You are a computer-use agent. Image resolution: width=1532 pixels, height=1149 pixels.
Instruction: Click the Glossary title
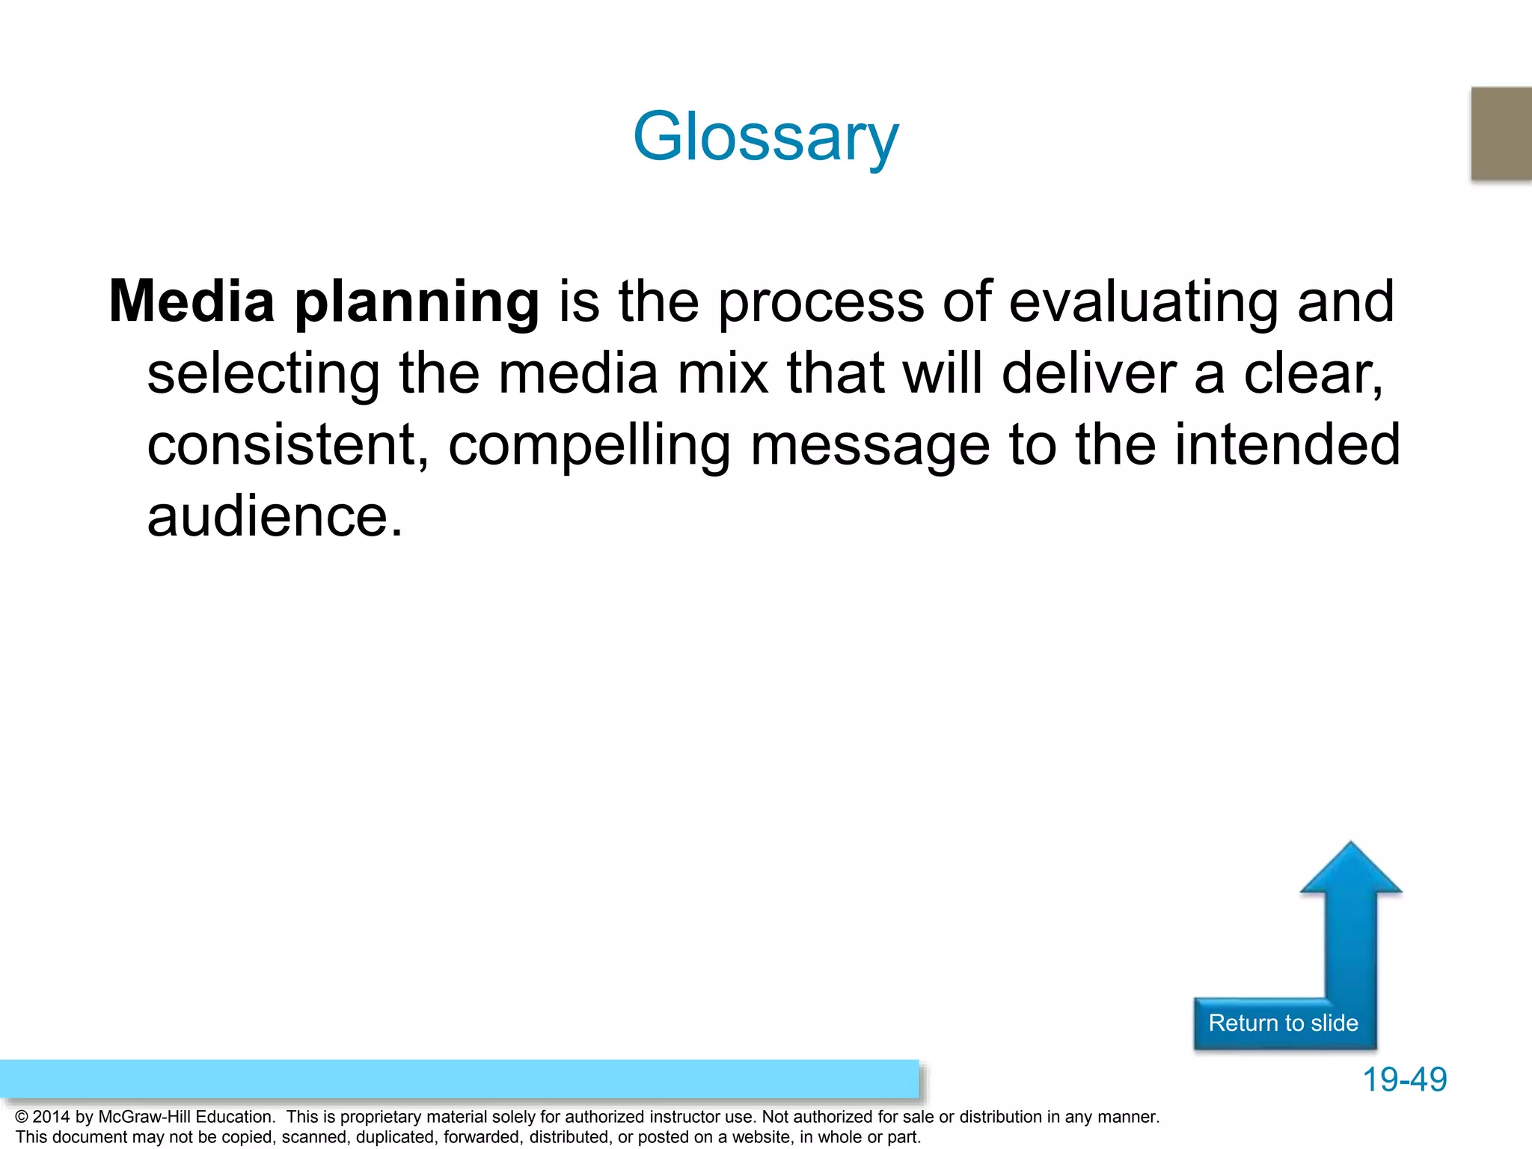[x=765, y=137]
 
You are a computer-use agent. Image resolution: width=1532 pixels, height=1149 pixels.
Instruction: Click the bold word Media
[x=191, y=301]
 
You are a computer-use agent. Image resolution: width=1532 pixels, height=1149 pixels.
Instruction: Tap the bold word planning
[x=417, y=303]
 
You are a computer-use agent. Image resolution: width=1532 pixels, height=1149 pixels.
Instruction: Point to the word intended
[x=1287, y=445]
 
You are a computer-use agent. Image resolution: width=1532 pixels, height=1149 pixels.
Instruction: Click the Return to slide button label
[x=1283, y=1023]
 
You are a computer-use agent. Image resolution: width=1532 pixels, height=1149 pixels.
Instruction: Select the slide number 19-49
[x=1404, y=1079]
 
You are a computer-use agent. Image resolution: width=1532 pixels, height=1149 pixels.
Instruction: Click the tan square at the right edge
[x=1501, y=133]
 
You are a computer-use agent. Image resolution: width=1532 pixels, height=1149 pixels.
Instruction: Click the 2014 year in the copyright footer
[x=51, y=1117]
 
